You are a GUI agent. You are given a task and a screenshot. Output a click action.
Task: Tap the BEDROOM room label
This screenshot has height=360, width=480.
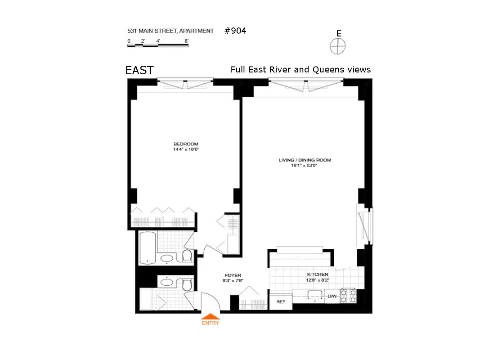tap(186, 144)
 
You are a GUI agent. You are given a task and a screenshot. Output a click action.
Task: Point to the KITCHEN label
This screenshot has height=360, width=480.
tap(318, 274)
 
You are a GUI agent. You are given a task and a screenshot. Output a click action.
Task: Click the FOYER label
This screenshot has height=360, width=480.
tap(233, 275)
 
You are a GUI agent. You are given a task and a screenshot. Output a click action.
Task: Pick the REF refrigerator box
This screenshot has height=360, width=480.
tap(281, 302)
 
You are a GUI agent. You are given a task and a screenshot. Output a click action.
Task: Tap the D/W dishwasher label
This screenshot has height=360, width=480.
tap(332, 296)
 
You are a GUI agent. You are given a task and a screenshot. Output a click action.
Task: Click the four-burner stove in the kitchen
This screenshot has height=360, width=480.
tap(349, 295)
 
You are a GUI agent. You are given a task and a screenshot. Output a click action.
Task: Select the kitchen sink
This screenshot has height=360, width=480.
tap(314, 295)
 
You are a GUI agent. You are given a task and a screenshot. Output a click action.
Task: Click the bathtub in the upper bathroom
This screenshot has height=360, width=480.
tap(147, 247)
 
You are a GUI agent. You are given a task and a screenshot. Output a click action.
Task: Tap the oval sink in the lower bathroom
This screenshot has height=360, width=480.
tap(167, 283)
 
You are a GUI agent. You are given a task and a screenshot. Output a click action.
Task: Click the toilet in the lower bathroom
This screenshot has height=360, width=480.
tap(188, 284)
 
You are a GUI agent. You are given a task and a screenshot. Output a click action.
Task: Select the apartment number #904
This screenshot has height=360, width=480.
tap(235, 31)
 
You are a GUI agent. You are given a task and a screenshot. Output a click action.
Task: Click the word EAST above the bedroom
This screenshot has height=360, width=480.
tap(139, 70)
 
